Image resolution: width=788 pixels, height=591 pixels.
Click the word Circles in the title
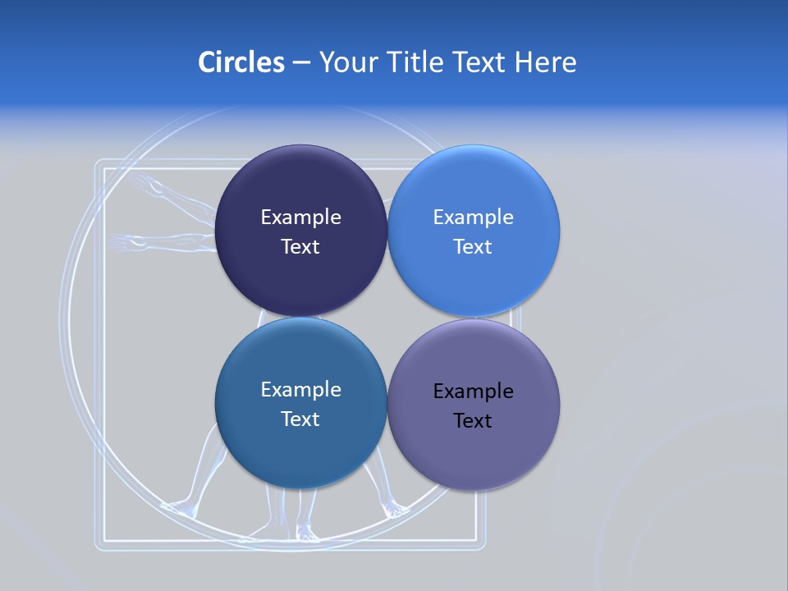[x=241, y=62]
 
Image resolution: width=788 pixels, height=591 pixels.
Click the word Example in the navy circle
[x=300, y=218]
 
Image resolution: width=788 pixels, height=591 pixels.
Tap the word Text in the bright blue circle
[x=473, y=247]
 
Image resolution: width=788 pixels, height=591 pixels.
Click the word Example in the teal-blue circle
[x=300, y=390]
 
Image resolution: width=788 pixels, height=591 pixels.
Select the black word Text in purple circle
[x=473, y=421]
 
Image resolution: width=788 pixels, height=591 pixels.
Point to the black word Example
[x=473, y=392]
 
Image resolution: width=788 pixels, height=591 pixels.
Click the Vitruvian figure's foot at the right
[x=396, y=511]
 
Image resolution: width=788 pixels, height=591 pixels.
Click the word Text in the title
[x=479, y=62]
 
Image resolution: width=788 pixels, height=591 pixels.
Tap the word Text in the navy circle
[x=300, y=247]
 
